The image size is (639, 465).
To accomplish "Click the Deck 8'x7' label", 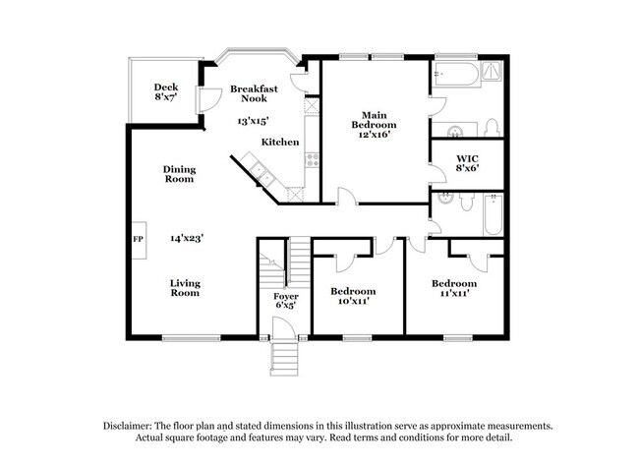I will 164,93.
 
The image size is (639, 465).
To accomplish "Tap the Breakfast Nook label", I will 254,94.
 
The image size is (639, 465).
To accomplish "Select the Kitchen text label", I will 279,143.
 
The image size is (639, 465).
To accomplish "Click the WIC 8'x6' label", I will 468,164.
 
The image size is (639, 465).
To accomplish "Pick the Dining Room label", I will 179,174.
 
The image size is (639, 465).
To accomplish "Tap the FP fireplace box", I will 138,239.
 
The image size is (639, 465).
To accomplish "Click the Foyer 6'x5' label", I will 285,301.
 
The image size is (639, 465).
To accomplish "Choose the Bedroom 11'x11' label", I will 454,289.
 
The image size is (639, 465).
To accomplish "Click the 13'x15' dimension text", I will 254,122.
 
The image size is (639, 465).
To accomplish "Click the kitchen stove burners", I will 313,157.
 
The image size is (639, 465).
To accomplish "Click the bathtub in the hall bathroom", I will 493,213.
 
